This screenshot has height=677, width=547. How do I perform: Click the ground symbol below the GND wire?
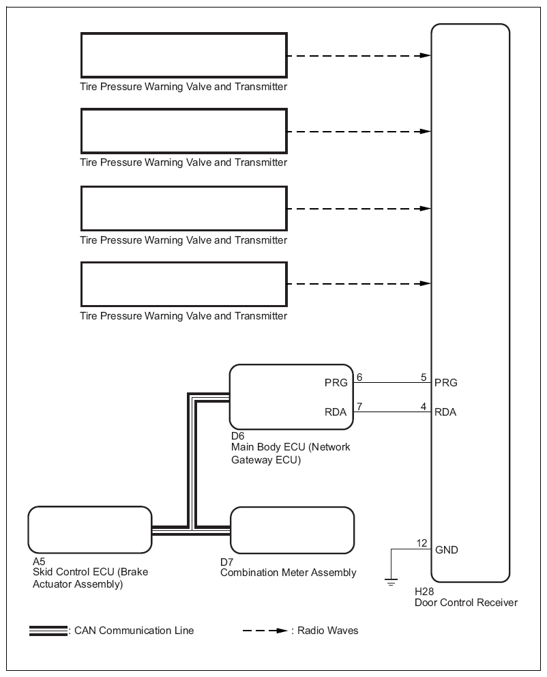click(391, 582)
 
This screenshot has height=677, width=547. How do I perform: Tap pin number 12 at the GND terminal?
click(422, 543)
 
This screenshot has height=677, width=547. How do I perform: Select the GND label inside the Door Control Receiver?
click(447, 549)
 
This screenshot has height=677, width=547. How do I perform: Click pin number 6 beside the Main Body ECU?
click(359, 377)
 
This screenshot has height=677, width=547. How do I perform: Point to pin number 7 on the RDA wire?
click(359, 406)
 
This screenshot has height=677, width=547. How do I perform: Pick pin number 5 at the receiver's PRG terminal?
click(424, 377)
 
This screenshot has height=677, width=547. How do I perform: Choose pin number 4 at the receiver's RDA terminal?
click(424, 406)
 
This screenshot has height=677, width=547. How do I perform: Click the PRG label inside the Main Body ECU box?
click(336, 383)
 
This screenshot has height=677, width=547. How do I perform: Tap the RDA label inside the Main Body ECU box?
click(336, 412)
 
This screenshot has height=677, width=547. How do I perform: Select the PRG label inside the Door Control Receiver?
click(445, 383)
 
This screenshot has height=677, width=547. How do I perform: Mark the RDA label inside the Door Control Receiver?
click(445, 412)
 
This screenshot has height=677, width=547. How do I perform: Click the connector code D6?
click(238, 436)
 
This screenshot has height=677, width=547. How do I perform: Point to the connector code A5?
click(39, 561)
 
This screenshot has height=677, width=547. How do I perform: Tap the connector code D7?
click(226, 562)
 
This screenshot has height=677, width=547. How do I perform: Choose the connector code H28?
click(424, 592)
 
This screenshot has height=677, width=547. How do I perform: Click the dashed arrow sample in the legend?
click(265, 631)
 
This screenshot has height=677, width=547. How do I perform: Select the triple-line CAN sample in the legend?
click(48, 631)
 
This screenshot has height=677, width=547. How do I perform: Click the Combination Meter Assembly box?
click(293, 530)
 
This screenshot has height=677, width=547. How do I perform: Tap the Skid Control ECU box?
click(90, 530)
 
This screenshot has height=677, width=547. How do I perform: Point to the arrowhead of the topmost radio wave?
click(426, 55)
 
